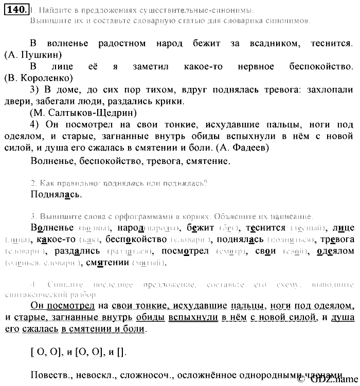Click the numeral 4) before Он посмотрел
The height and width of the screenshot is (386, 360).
coord(35,124)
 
